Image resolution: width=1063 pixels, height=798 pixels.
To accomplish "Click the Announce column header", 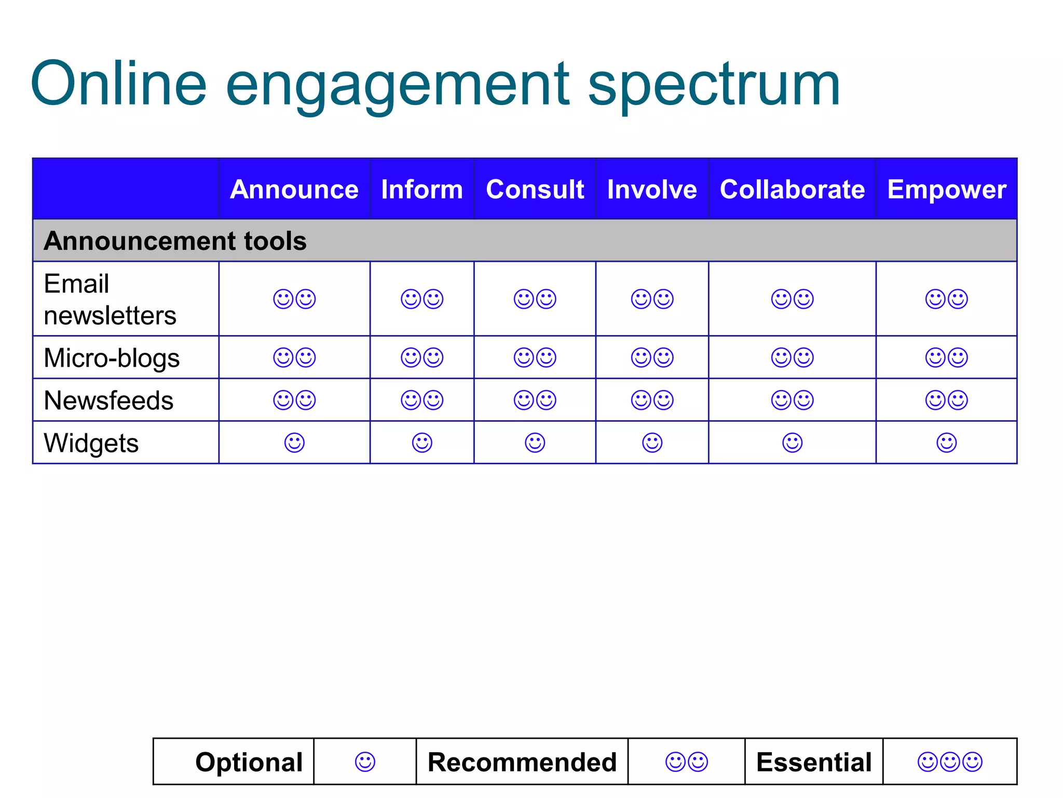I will coord(294,189).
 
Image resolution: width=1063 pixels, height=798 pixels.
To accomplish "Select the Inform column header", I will coord(421,189).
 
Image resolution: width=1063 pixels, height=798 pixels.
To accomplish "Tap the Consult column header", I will coord(535,189).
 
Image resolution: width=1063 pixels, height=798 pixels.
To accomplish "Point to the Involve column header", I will coord(652,189).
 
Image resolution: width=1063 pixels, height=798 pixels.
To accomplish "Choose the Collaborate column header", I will coord(792,189).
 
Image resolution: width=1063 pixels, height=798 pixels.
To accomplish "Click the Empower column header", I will coord(947,189).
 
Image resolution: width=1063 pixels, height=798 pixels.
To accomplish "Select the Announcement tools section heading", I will coord(175,241).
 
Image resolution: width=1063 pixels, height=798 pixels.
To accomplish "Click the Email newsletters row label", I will coord(110,299).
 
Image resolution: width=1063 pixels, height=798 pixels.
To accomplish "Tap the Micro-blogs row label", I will coord(112,358).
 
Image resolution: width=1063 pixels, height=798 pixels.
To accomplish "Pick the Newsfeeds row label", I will coord(108,401).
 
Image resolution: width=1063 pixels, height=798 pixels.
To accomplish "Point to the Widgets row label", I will coord(91,443).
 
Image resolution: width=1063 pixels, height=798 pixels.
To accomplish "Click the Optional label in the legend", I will coord(249,762).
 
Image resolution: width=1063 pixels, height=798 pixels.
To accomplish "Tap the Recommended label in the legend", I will coord(522,762).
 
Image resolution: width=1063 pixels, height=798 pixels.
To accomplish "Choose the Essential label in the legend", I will coord(813,762).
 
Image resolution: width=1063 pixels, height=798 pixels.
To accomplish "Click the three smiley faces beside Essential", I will coord(950,762).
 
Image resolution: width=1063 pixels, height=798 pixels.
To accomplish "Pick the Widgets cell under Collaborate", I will coord(792,443).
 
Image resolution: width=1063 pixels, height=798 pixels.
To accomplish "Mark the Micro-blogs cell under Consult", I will coord(535,357).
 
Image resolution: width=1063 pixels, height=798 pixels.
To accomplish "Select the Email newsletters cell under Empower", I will coord(946,299).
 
